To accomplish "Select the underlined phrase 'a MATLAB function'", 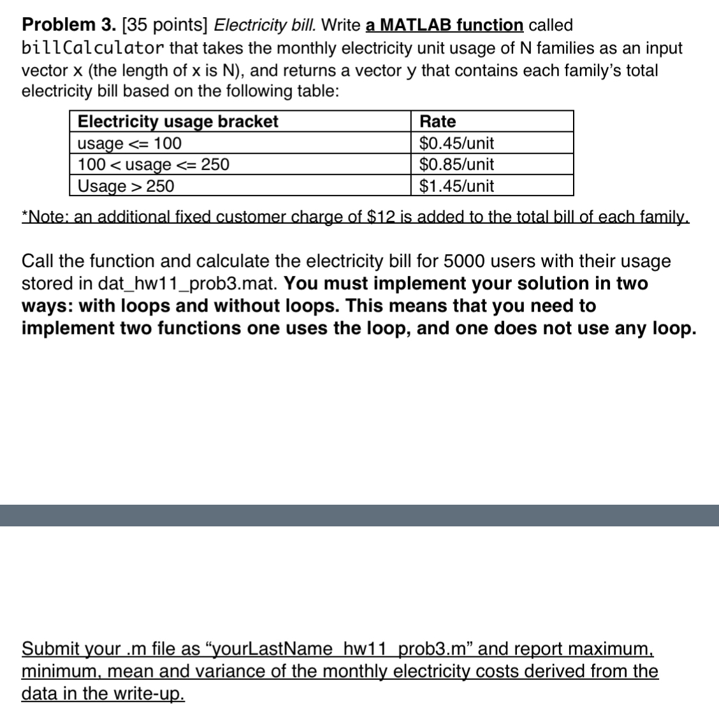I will [x=445, y=25].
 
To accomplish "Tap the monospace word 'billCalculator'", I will [x=93, y=48].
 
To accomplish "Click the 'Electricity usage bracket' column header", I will [x=178, y=121].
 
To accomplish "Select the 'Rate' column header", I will [x=438, y=121].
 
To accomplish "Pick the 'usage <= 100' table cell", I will [x=129, y=143].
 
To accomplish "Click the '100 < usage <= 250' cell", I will [x=153, y=164].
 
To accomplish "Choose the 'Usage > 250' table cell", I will [x=126, y=186].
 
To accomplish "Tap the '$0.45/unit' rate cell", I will [x=456, y=143].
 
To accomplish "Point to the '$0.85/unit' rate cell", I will [x=456, y=164].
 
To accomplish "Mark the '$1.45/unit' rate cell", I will [x=456, y=186].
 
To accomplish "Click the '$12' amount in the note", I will [x=382, y=217].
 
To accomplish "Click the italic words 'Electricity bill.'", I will [x=265, y=25].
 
